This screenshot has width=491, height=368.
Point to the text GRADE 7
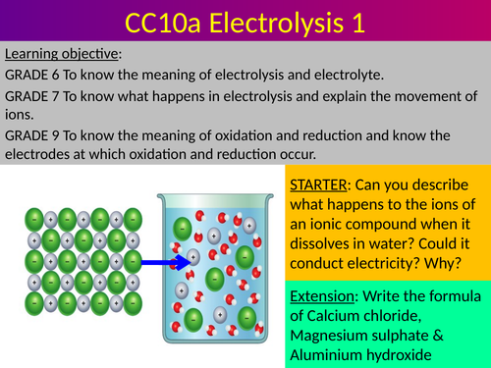click(x=33, y=99)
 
